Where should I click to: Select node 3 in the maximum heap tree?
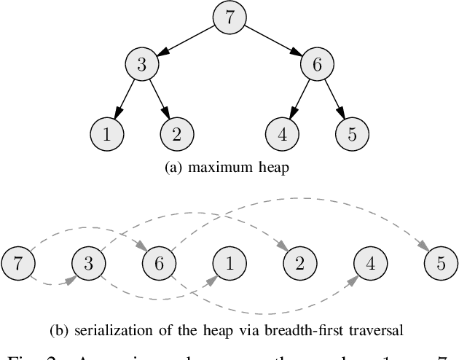click(142, 64)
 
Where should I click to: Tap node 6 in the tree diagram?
click(317, 64)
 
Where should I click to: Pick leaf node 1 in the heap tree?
click(106, 133)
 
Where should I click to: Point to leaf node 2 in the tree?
click(177, 133)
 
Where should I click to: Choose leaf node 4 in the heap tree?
click(282, 133)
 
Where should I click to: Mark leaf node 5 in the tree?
click(352, 133)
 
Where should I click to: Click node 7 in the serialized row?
click(17, 263)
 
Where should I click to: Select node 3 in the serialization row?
click(88, 263)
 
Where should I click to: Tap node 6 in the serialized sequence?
click(158, 263)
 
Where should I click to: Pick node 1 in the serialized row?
click(229, 263)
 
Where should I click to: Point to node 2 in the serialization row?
click(299, 263)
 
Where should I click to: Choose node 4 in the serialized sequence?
click(369, 263)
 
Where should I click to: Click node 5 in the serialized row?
click(439, 263)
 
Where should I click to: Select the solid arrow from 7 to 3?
click(186, 40)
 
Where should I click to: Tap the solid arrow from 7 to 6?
click(273, 40)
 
